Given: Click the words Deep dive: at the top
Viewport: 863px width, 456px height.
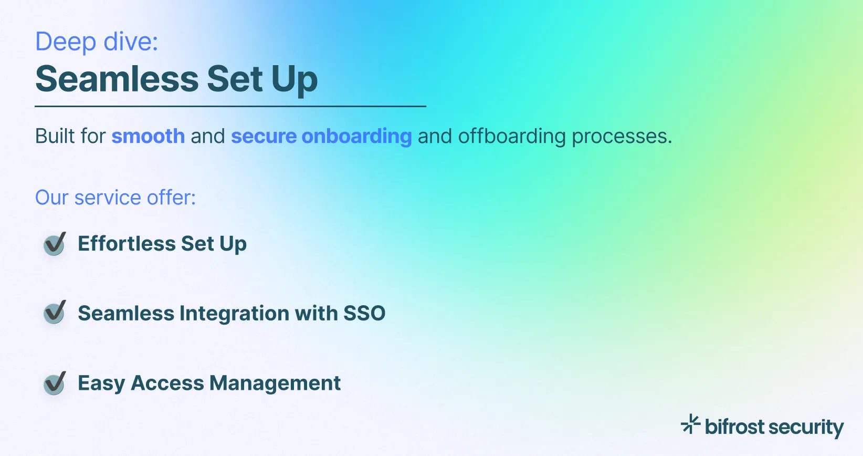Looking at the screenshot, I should point(97,42).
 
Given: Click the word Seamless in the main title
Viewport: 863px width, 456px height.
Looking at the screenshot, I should point(117,79).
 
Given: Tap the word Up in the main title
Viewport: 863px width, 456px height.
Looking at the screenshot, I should point(294,79).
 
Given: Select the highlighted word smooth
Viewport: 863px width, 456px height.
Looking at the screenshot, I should point(148,136).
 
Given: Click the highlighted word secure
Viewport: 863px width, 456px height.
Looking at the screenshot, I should point(264,136).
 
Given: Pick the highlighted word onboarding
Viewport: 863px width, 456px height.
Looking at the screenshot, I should point(356,136).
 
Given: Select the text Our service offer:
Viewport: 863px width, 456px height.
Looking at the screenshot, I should point(115,198).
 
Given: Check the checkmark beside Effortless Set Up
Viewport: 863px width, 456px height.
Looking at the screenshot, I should point(55,244).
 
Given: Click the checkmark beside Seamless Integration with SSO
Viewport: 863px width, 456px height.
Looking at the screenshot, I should point(55,313).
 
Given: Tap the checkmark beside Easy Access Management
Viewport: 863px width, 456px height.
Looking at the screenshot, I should point(55,383).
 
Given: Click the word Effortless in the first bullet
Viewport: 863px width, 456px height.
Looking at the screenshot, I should point(127,244).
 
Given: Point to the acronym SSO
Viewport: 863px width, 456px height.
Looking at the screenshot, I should point(364,313).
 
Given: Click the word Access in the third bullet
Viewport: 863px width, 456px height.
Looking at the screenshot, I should point(167,383).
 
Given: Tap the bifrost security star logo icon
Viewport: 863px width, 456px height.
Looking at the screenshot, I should point(690,423).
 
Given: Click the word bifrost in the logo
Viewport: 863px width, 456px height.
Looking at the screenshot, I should point(734,427).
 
